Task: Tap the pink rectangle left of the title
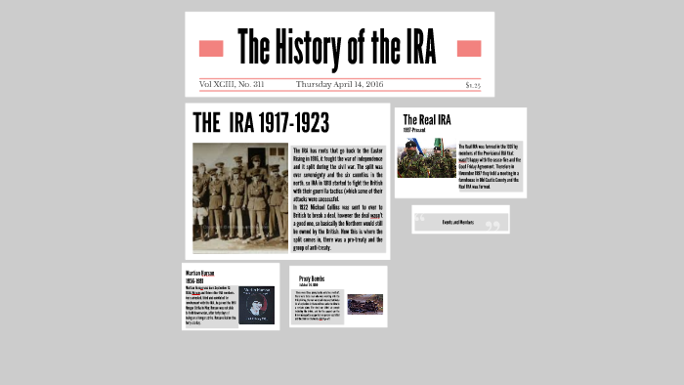click(211, 49)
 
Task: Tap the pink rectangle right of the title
click(469, 49)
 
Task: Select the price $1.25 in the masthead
click(473, 85)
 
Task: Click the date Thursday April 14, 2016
click(340, 85)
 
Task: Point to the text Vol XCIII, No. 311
click(232, 85)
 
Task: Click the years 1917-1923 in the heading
click(287, 123)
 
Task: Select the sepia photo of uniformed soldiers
click(240, 197)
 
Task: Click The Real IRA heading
click(427, 120)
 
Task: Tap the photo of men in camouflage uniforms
click(427, 158)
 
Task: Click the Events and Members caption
click(457, 222)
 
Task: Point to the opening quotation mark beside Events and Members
click(421, 223)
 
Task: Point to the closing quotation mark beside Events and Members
click(492, 226)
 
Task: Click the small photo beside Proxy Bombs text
click(365, 304)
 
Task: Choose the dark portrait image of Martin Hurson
click(257, 305)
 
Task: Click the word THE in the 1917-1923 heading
click(206, 123)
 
